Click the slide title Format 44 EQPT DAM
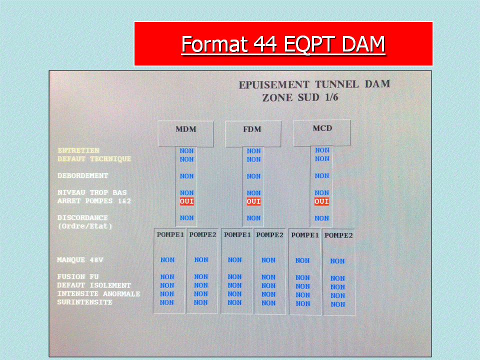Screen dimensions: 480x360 click(x=283, y=44)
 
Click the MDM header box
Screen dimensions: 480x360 click(x=185, y=134)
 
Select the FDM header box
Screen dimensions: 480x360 click(x=253, y=134)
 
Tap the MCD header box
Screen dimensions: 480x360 click(x=321, y=133)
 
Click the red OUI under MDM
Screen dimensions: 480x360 click(x=186, y=201)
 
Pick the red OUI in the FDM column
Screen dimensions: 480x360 click(x=253, y=201)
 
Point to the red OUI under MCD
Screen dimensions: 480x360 click(x=321, y=201)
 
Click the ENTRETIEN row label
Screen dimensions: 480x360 click(x=78, y=150)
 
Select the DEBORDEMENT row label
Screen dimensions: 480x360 click(x=82, y=175)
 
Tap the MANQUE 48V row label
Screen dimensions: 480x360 click(x=80, y=260)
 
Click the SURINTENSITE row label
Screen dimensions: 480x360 click(x=84, y=302)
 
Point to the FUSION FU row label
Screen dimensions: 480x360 click(x=78, y=276)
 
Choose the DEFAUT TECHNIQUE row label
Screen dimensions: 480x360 click(x=94, y=159)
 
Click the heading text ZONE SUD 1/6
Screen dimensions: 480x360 click(x=300, y=97)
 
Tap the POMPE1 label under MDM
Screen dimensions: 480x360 click(x=170, y=235)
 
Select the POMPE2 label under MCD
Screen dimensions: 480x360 click(x=338, y=235)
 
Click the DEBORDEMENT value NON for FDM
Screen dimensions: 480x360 click(x=254, y=176)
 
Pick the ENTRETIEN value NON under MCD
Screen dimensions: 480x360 click(x=322, y=150)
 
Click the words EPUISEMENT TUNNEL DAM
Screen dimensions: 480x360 click(x=314, y=84)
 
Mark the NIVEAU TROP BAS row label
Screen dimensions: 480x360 click(x=92, y=192)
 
